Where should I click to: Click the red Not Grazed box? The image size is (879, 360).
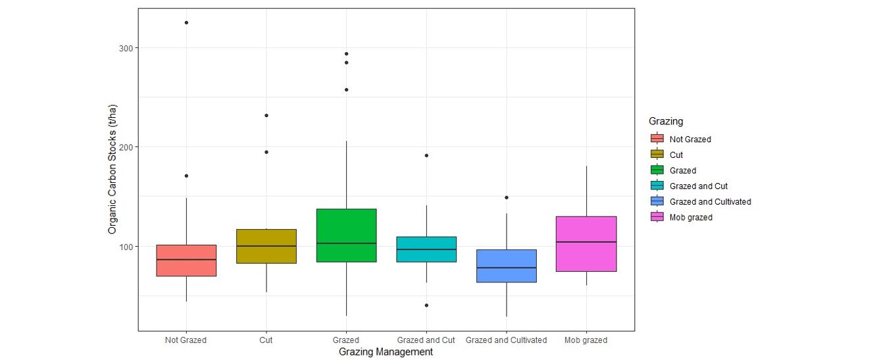point(186,261)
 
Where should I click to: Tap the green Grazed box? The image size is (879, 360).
point(346,235)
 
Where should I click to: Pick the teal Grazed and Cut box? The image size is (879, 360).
point(426,249)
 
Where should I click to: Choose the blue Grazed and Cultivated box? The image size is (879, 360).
point(507,266)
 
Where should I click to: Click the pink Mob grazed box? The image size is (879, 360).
point(586,244)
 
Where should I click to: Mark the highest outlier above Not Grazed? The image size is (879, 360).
point(186,22)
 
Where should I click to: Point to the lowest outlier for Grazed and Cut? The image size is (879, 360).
point(426,305)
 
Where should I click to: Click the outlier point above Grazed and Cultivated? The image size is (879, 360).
point(507,197)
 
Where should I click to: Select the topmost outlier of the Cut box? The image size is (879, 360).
point(266,115)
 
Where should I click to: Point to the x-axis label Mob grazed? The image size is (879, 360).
point(586,340)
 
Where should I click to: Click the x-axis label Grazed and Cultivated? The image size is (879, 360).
point(506,340)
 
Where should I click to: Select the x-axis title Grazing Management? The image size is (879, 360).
point(386,352)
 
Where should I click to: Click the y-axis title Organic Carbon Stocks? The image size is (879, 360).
point(113,169)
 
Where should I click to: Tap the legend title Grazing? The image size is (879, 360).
point(666,121)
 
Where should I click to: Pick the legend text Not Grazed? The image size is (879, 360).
point(690,140)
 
